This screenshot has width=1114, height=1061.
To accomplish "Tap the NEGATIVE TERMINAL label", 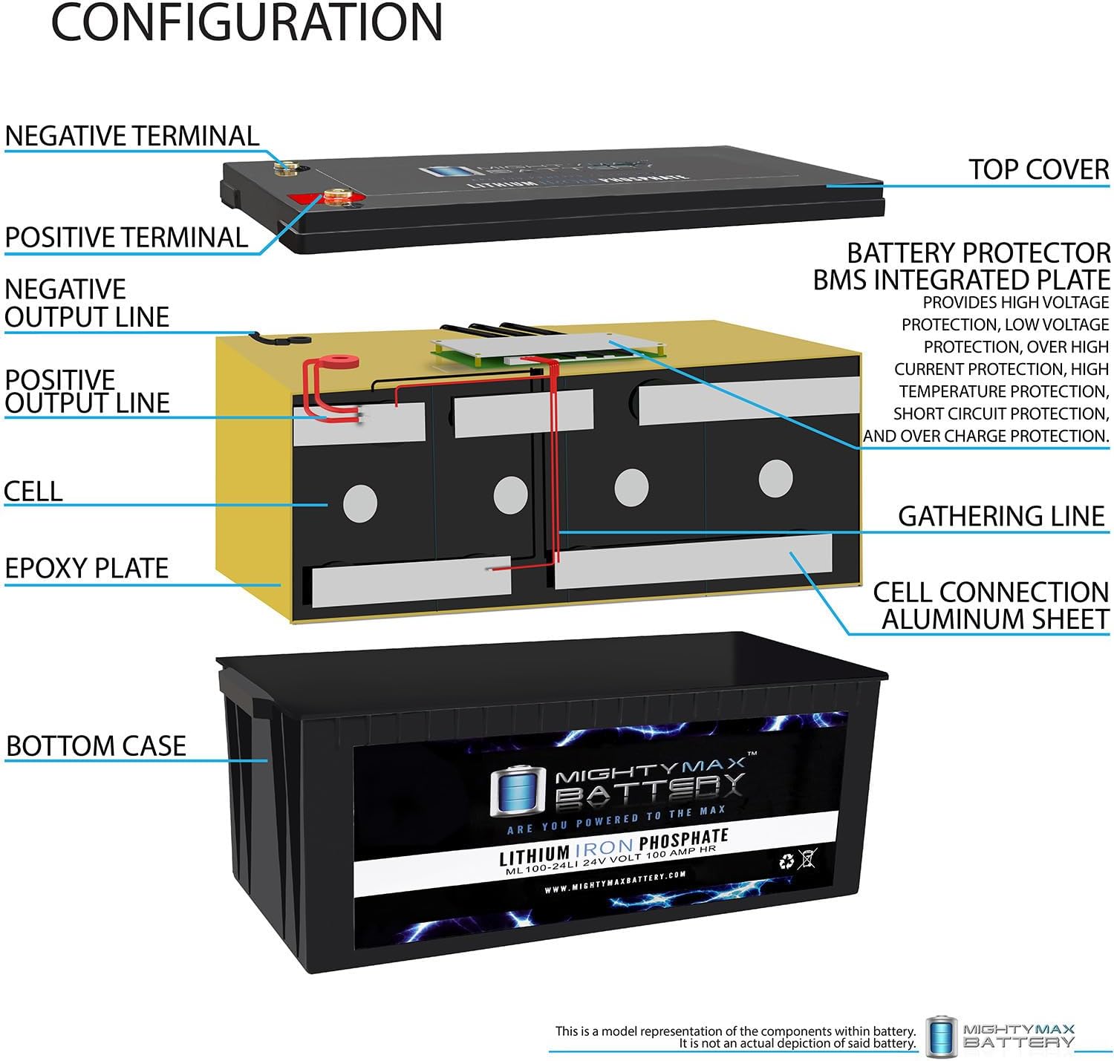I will tap(131, 136).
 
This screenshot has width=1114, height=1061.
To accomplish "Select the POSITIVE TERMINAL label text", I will tap(126, 238).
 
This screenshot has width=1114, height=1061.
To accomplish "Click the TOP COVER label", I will tap(1038, 169).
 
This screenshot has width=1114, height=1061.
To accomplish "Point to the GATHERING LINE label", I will tap(1001, 515).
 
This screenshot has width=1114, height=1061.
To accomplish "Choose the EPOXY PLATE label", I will tap(87, 568).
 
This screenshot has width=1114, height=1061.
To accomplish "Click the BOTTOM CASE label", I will tap(96, 745).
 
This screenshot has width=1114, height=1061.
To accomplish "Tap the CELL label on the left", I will tap(33, 491).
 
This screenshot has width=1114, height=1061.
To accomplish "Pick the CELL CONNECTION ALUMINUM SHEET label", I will tap(991, 605).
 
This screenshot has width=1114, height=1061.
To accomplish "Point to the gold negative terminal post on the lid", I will tap(283, 169).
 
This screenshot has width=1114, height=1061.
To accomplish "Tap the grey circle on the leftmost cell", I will tap(359, 503).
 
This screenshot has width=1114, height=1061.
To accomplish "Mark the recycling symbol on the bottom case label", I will tap(786, 861).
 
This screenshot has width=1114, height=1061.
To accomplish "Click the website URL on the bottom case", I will tap(614, 882).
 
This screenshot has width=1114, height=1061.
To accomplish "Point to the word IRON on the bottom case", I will tap(603, 846).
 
